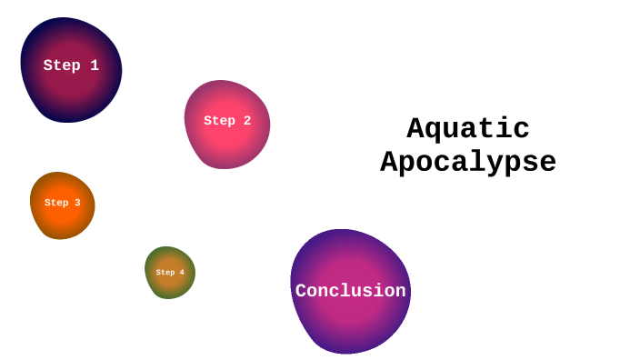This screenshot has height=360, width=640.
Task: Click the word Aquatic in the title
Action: click(x=468, y=129)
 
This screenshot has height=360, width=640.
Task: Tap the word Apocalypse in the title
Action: click(x=468, y=163)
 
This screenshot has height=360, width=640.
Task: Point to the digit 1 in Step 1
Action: click(x=95, y=65)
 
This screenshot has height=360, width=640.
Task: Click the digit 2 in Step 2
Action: click(x=246, y=121)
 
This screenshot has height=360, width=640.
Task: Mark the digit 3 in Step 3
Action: click(x=77, y=203)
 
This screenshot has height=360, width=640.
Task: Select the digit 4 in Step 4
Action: click(x=182, y=273)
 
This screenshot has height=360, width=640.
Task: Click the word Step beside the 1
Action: click(x=61, y=65)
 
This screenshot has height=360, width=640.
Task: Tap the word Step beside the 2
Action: click(x=219, y=121)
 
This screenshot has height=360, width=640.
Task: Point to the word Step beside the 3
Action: click(x=56, y=203)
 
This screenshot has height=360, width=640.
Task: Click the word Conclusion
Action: click(x=350, y=291)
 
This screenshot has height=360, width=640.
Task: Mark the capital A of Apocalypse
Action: click(x=389, y=163)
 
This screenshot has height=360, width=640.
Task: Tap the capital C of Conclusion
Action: click(x=301, y=291)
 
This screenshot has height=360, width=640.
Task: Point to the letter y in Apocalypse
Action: click(x=512, y=165)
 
